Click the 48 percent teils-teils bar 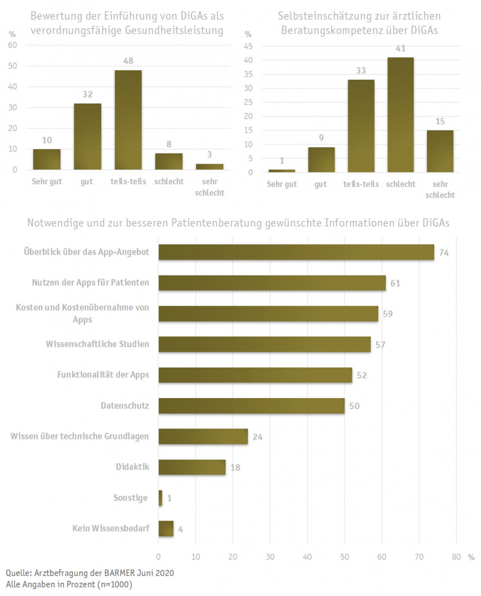coord(128,120)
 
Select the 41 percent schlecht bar coord(400,115)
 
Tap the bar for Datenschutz coord(252,406)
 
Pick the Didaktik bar coord(192,467)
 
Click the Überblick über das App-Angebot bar coord(296,252)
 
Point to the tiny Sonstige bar coord(160,498)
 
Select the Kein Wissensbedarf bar coord(166,528)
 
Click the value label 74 coord(444,253)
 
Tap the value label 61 coord(395,283)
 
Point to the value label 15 coord(440,121)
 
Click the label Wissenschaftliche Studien coord(98,344)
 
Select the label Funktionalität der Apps coord(103,375)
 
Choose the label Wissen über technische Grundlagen coord(80,436)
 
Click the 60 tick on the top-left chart coord(13,45)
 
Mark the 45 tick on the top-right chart coord(248,46)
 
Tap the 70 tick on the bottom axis coord(419,557)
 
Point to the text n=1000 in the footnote coord(114,585)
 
